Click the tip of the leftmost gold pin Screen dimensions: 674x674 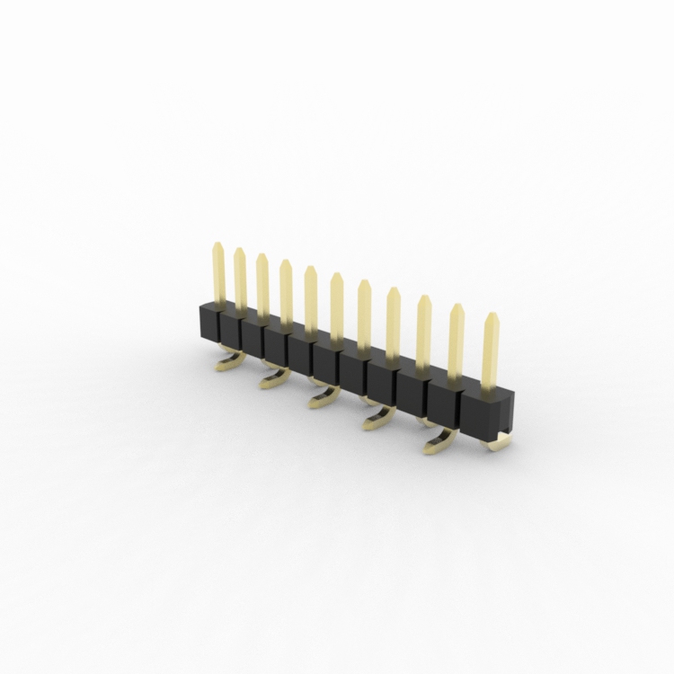click(x=217, y=244)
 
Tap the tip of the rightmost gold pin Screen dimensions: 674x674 click(x=491, y=316)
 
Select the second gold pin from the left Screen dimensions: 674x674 click(x=240, y=279)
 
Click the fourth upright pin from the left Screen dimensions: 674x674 click(x=286, y=291)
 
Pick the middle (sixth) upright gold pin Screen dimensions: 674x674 click(x=336, y=306)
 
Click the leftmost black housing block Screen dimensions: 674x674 click(x=208, y=322)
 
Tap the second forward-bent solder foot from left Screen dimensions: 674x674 click(x=274, y=379)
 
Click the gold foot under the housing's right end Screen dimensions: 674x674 click(x=500, y=443)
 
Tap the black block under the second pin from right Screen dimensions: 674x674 click(x=445, y=401)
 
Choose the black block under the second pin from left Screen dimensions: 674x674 click(x=230, y=329)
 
